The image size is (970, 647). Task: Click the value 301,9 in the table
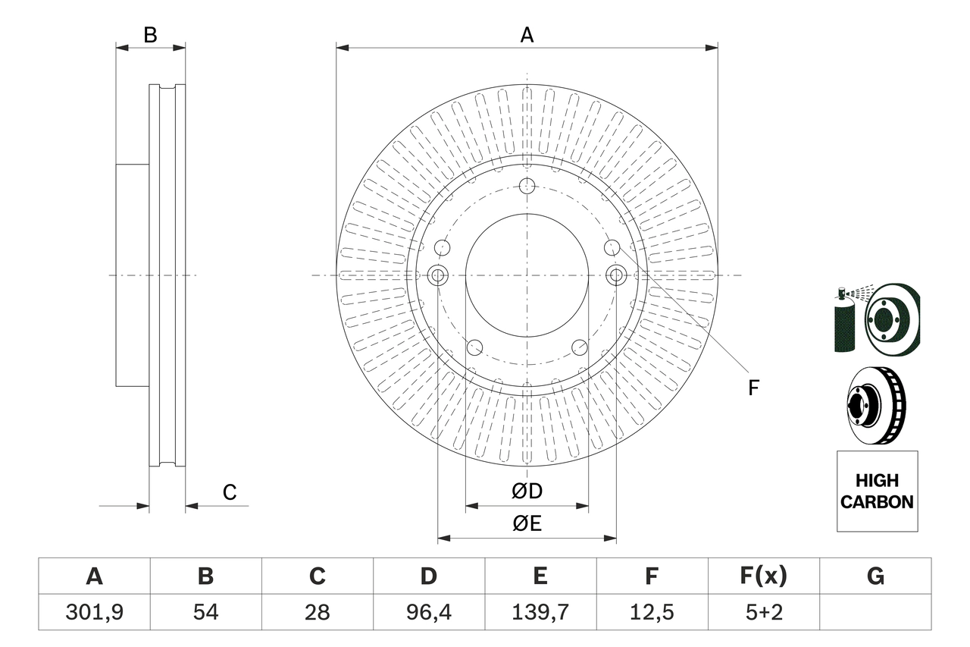[x=94, y=612]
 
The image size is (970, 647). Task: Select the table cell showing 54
[x=205, y=612]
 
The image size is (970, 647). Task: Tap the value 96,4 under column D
[x=428, y=612]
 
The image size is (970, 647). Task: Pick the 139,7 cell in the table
[x=540, y=612]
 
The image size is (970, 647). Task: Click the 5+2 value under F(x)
[x=763, y=612]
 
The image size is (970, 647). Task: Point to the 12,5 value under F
[x=651, y=612]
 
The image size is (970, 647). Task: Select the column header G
[x=875, y=576]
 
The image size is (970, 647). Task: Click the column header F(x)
[x=763, y=576]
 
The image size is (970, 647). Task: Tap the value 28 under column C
[x=317, y=612]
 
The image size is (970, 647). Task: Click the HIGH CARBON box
[x=877, y=491]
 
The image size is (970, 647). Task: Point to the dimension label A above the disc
[x=527, y=35]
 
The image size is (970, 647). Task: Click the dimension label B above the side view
[x=150, y=35]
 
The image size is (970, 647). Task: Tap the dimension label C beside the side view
[x=230, y=492]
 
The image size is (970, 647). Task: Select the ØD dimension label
[x=527, y=492]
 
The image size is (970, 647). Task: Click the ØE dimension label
[x=527, y=524]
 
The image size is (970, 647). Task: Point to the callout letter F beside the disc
[x=753, y=388]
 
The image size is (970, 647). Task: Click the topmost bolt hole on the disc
[x=527, y=186]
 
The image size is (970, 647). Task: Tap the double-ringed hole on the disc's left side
[x=438, y=275]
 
